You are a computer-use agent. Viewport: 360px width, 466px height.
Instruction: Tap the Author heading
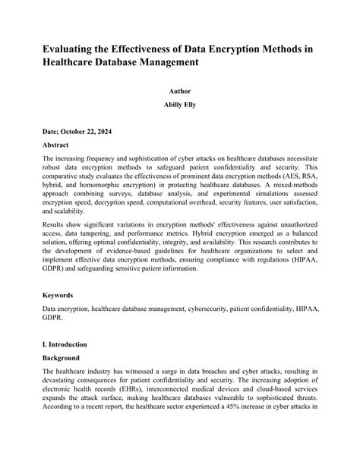(x=179, y=90)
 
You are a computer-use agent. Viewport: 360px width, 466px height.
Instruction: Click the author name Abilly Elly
(x=179, y=104)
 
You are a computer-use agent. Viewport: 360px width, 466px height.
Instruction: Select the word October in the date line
(x=74, y=131)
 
